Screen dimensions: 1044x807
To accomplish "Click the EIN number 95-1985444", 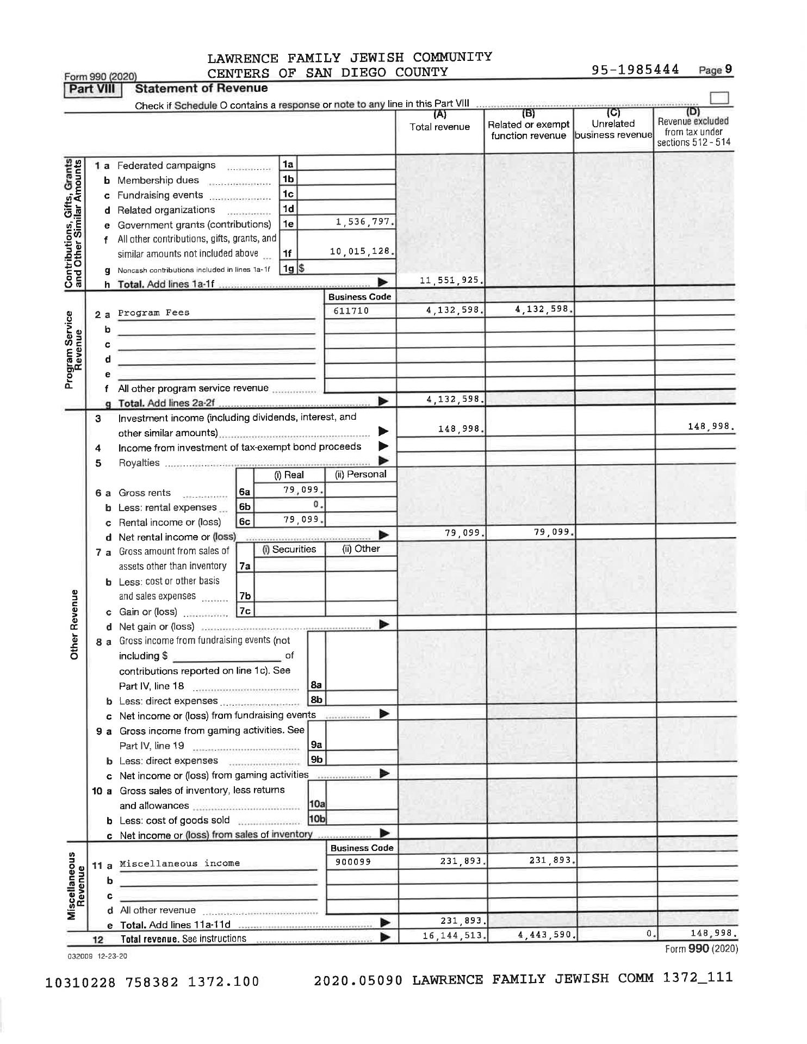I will click(637, 70).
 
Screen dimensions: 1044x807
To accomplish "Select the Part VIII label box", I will click(92, 89).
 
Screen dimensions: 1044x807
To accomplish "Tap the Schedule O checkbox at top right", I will click(719, 98).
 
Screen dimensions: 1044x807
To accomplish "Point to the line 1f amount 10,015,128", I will click(362, 251).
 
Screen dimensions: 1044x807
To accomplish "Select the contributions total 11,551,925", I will click(452, 281).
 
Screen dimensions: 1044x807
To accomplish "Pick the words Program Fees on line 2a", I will click(154, 313).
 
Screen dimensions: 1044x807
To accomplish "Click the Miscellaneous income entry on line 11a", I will click(179, 863).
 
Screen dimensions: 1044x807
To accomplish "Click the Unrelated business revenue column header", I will click(613, 129).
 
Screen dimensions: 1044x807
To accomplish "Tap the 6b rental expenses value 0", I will click(322, 505).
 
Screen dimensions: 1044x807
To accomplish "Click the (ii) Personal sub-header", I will click(361, 474).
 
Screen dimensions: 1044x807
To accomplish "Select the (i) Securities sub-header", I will click(289, 549).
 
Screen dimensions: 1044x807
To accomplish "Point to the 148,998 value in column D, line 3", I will click(711, 427).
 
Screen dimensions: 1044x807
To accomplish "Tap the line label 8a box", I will click(316, 686).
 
